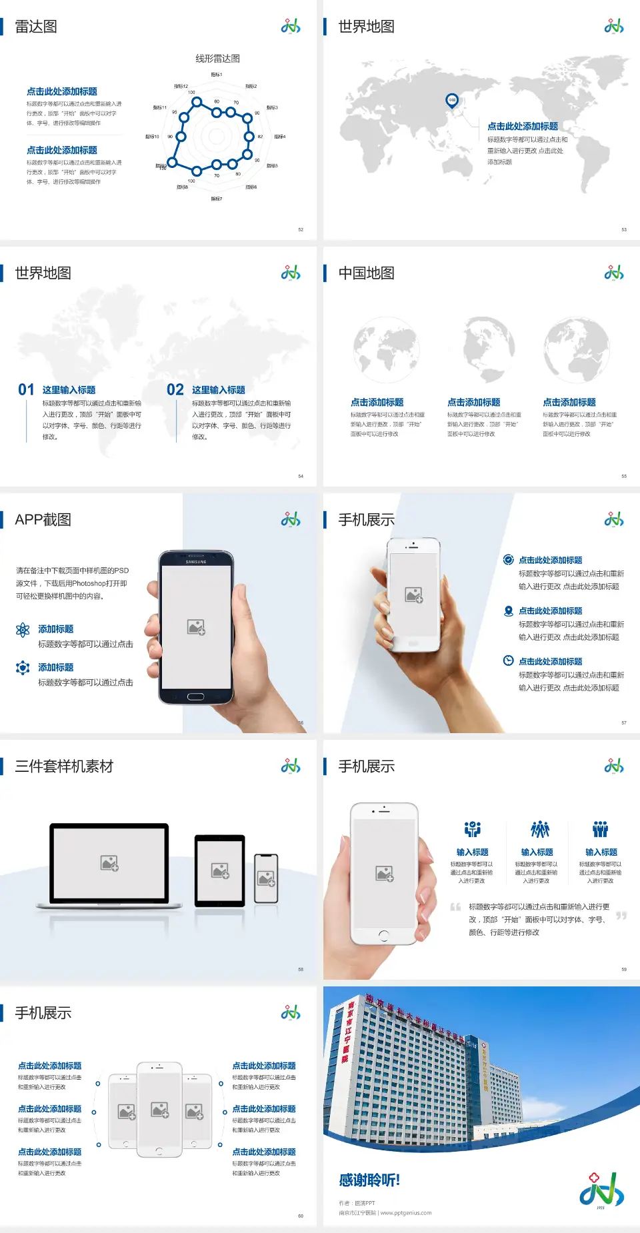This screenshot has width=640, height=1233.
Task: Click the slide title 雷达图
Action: point(36,27)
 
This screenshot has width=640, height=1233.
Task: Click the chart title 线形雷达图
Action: point(217,59)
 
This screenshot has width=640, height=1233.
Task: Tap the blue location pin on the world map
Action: point(452,101)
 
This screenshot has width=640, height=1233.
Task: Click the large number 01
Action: point(26,390)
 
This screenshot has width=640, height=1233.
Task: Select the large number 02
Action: point(175,390)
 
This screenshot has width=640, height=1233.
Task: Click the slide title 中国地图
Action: point(366,273)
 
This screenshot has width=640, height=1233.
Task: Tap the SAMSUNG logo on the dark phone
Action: point(196,562)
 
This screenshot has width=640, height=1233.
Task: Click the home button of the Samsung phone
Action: point(195,696)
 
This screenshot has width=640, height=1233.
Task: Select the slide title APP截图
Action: point(43,520)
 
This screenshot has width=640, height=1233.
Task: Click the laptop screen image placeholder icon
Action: point(109,863)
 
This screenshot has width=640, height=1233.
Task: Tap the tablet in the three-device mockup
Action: point(220,870)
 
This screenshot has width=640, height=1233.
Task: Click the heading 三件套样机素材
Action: point(64,766)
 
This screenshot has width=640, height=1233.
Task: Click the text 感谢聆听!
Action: point(369,1180)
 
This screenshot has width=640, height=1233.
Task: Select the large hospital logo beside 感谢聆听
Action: point(601,1190)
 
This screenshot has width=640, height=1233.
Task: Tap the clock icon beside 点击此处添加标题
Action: point(508,660)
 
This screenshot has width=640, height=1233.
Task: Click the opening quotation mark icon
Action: point(455,906)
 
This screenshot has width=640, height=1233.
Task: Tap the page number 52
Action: point(301,229)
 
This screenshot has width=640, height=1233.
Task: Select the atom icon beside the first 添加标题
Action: point(23,630)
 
